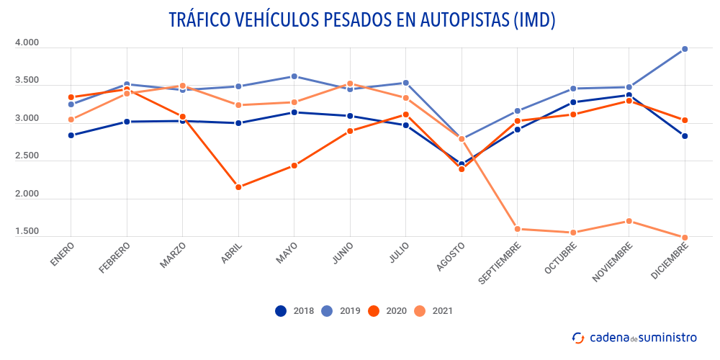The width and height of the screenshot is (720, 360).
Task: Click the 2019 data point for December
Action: point(685,49)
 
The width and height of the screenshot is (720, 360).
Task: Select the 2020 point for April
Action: point(238,187)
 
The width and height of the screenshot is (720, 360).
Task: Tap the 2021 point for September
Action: point(518,229)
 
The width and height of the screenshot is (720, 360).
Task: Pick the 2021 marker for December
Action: point(685,238)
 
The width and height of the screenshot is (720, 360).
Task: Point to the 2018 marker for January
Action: point(71,135)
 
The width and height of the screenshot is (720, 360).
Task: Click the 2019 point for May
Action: point(294,76)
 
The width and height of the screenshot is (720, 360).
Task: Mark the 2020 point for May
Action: point(294,166)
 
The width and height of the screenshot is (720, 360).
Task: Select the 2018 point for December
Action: point(685,136)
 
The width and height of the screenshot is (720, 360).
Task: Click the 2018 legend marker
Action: point(281,311)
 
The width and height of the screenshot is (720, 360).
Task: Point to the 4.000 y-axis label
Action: point(27,43)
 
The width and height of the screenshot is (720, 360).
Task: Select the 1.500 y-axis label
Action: point(27,231)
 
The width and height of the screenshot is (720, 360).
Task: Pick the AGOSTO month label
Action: point(451,256)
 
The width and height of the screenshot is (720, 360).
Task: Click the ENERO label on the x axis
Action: point(62,254)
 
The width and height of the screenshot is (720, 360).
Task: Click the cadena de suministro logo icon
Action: point(578,337)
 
